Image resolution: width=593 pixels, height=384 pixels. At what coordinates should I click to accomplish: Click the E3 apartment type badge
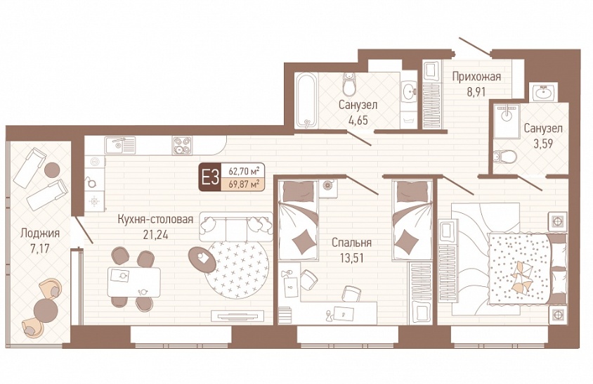[x=210, y=177]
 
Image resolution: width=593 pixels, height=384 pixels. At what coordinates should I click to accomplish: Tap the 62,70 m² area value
[x=244, y=171]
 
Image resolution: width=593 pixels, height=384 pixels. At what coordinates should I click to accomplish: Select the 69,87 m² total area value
[x=244, y=184]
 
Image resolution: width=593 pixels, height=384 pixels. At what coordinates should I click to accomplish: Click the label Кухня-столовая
[x=155, y=219]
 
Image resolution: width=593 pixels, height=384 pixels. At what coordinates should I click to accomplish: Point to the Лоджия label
[x=40, y=233]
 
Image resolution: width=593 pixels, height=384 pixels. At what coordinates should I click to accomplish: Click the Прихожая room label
[x=476, y=77]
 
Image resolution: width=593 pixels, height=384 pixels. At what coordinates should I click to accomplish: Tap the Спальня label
[x=351, y=243]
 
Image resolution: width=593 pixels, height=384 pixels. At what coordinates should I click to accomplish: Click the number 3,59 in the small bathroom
[x=542, y=144]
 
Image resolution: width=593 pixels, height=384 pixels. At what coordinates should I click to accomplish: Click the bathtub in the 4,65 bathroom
[x=306, y=100]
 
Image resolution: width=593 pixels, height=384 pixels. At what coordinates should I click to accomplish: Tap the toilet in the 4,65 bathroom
[x=348, y=84]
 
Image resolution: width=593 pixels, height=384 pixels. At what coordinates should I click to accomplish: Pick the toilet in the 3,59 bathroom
[x=505, y=155]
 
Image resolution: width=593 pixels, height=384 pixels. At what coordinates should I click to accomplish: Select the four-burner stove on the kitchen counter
[x=182, y=146]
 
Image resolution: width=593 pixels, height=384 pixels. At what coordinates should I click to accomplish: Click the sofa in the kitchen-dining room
[x=236, y=226]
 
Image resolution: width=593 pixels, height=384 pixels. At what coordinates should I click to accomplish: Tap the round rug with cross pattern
[x=237, y=269]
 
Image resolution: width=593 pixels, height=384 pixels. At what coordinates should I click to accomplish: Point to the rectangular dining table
[x=134, y=282]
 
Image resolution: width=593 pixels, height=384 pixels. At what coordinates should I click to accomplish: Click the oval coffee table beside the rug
[x=202, y=260]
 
